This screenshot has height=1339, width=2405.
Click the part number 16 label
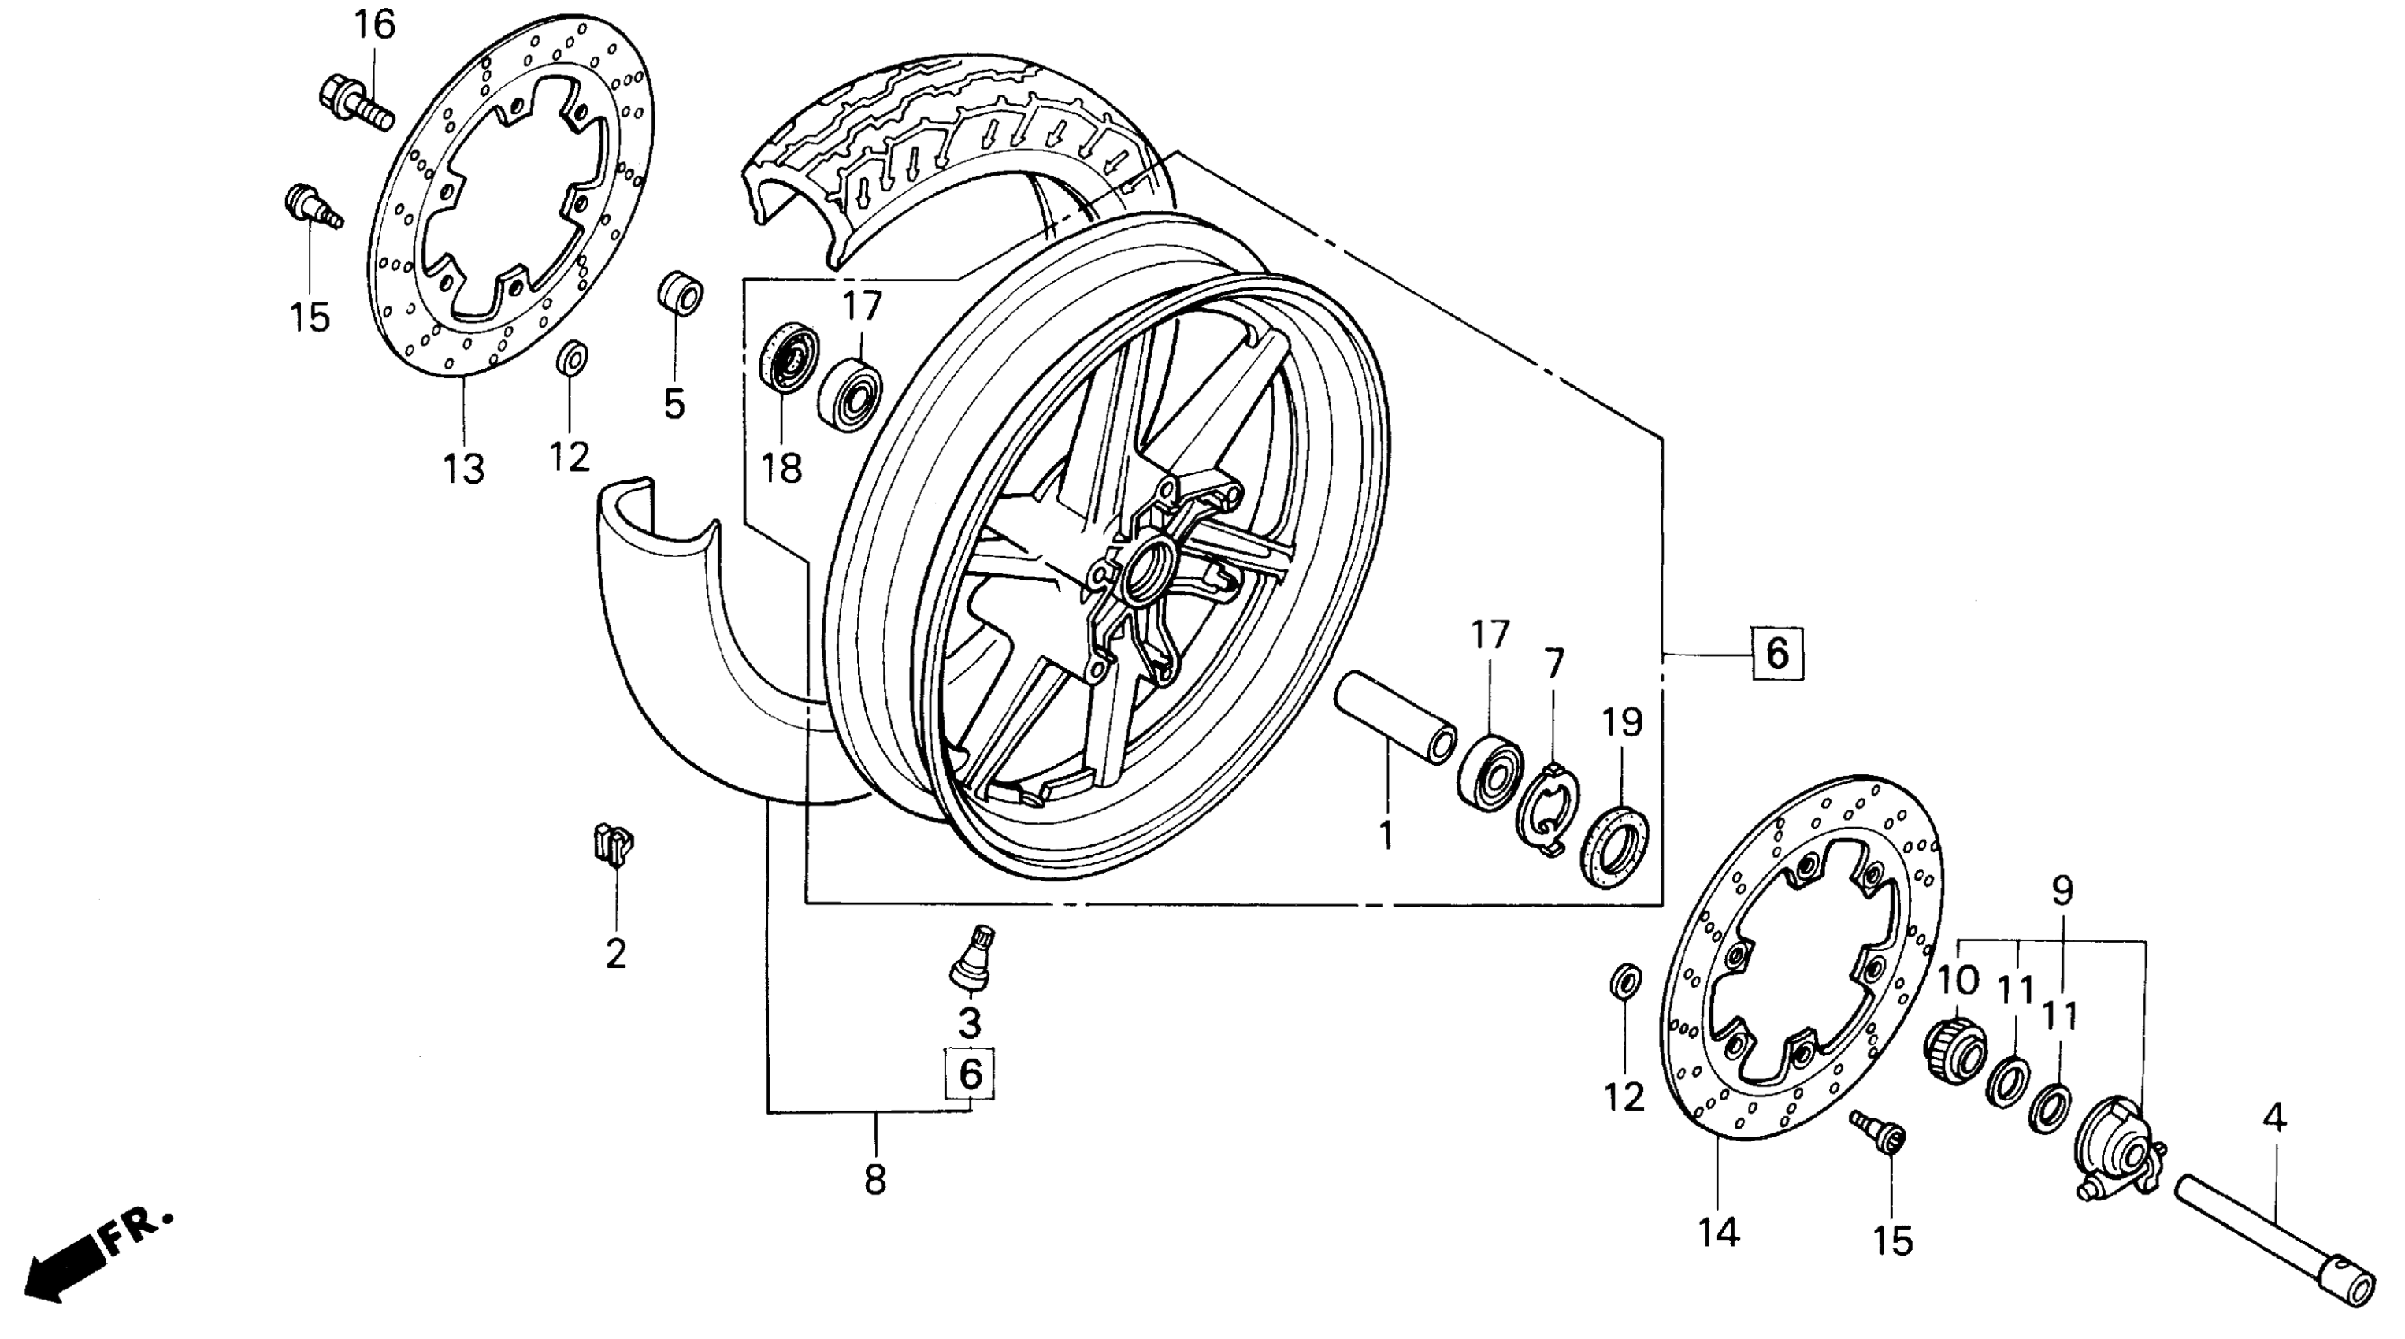coord(373,25)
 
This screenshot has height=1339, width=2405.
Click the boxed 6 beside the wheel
coord(1776,653)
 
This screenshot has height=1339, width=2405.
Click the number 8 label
coord(875,1180)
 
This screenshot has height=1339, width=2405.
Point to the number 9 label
coord(2062,891)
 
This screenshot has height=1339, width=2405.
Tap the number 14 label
coord(1719,1233)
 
